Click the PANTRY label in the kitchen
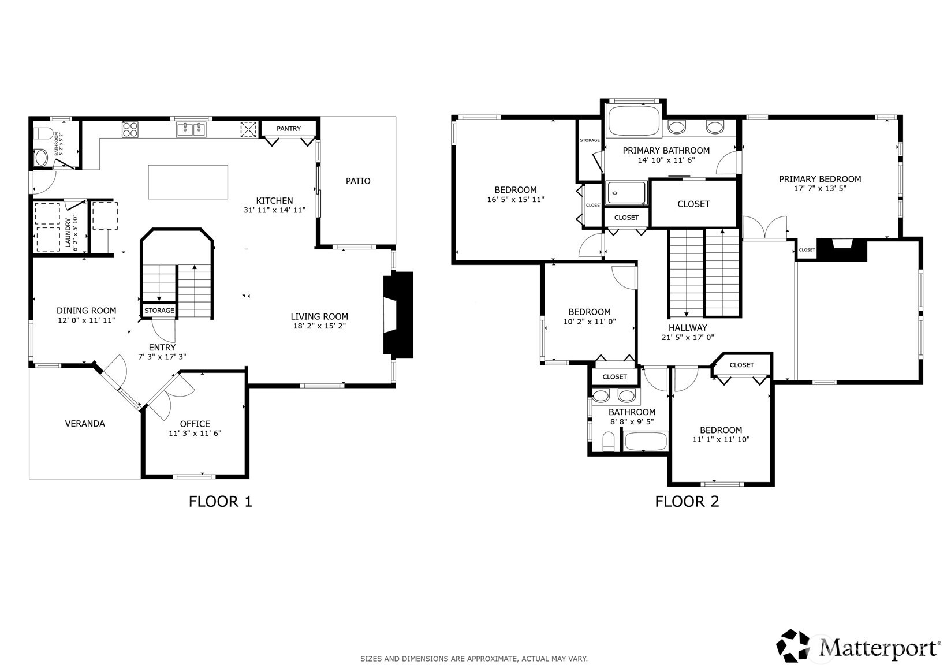[288, 129]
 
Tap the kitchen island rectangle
[188, 182]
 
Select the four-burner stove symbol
[130, 129]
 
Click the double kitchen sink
[191, 129]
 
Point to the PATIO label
[357, 181]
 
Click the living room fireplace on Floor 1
[398, 315]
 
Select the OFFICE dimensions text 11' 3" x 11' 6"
[195, 433]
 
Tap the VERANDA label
[85, 424]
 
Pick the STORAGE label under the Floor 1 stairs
[159, 311]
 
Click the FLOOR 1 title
[220, 501]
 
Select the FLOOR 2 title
[687, 501]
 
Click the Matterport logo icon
[793, 645]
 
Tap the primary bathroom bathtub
[633, 121]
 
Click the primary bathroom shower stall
[626, 193]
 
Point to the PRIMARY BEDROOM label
[819, 179]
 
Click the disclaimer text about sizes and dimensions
[473, 659]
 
